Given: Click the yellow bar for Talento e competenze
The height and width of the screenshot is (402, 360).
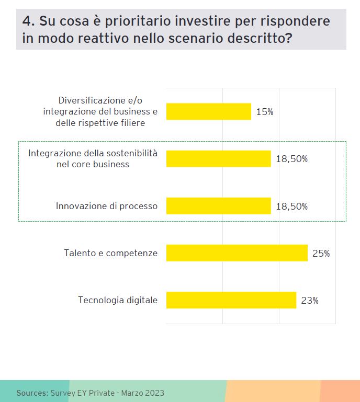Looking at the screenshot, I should click(x=237, y=253).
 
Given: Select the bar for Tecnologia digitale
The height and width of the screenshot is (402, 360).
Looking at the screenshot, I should click(x=231, y=300).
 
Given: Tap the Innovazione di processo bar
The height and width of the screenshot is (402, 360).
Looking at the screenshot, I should click(x=218, y=206).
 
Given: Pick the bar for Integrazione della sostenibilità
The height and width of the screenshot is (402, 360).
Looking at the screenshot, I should click(x=218, y=159).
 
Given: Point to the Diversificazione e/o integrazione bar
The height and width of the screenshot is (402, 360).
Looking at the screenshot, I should click(x=208, y=111).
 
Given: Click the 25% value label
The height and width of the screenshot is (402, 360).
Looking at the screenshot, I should click(x=321, y=254).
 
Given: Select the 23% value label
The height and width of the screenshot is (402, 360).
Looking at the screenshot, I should click(x=310, y=301).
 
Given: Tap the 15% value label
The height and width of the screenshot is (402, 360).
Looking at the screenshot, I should click(x=265, y=112).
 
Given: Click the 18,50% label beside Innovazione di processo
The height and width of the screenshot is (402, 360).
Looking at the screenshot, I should click(x=291, y=206).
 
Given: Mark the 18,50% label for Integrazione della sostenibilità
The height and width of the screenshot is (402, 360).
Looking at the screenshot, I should click(x=291, y=159).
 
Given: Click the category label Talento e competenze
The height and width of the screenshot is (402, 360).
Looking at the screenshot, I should click(x=110, y=253).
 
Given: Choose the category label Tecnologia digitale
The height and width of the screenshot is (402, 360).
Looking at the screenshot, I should click(x=118, y=300).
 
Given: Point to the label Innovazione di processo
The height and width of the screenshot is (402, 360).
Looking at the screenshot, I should click(x=107, y=206).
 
